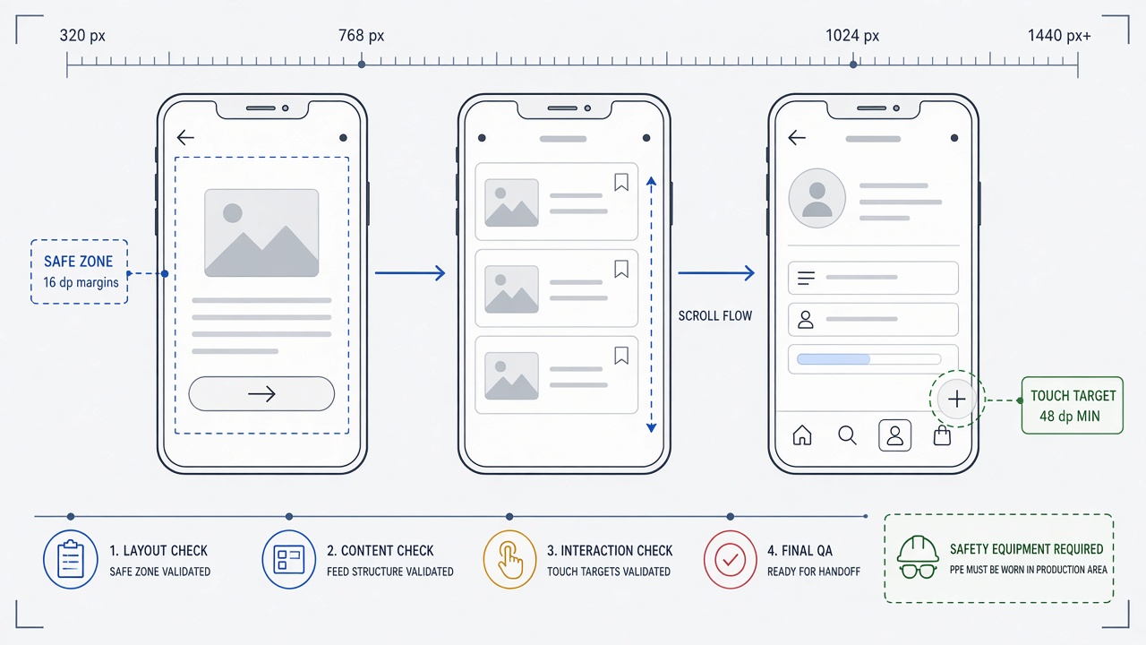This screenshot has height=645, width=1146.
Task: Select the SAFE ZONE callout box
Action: pos(80,271)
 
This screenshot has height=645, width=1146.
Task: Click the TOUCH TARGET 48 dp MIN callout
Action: pos(1073,406)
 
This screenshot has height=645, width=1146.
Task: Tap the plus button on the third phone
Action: pos(957,400)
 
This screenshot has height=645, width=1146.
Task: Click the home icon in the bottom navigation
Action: pos(801,435)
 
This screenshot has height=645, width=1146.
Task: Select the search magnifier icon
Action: pos(847,435)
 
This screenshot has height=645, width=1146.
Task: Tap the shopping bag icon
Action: pos(942,435)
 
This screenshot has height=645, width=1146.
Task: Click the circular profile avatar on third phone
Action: pos(817,198)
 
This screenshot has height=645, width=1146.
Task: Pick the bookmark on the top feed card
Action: pos(621,182)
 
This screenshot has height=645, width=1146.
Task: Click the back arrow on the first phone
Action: pos(185,137)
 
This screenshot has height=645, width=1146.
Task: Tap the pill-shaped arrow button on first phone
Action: pos(261,393)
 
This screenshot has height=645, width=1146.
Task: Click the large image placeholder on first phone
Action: pos(261,233)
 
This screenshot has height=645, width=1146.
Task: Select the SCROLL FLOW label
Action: pos(715,316)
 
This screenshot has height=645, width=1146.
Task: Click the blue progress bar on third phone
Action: pos(834,359)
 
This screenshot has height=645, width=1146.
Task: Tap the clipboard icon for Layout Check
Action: pos(71,559)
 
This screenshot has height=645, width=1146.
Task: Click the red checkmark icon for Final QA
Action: pos(730,559)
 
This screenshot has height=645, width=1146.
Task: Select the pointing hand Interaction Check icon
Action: pos(510,559)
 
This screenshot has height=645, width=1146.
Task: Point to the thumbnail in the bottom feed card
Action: pos(511,375)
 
